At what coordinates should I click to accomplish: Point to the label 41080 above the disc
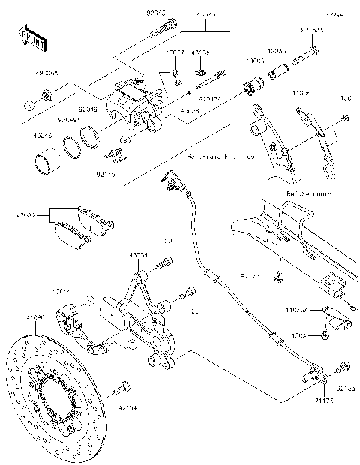(x=35, y=319)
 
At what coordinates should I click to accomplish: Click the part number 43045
(x=43, y=136)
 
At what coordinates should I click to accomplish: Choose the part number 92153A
(x=312, y=31)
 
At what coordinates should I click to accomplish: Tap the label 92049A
(x=70, y=118)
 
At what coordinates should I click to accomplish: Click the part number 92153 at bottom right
(x=346, y=388)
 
